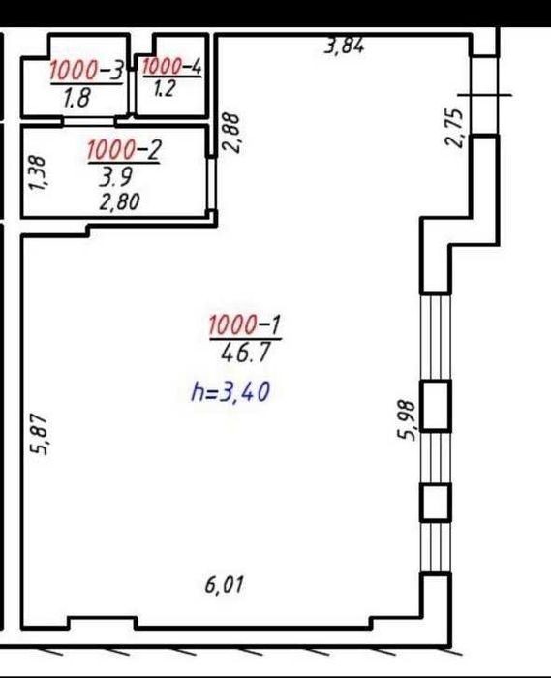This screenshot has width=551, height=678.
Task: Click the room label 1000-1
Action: coord(245,324)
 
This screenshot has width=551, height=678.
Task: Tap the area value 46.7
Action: coord(245,353)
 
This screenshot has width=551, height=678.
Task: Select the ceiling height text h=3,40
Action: coord(230,392)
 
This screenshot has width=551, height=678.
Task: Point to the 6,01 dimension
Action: coord(225,585)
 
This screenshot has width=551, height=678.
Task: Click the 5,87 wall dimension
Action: coord(39,434)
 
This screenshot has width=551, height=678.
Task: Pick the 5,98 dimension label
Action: coord(407,419)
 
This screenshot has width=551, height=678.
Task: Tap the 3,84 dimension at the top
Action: coord(345,46)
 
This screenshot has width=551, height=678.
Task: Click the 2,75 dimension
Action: coord(454,128)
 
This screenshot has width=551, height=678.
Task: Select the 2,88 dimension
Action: coord(230,133)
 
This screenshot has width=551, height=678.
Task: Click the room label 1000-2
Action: coord(125,150)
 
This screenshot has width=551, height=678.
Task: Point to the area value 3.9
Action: coord(115,177)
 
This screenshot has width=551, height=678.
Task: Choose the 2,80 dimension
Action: coord(119,201)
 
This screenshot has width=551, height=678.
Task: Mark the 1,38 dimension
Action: coord(37,173)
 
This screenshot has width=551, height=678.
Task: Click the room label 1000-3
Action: coord(87,71)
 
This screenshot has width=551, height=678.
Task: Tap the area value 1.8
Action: coord(77,98)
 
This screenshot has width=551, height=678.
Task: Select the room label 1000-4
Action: coord(171,67)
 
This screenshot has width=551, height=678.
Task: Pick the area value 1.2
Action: coord(165,89)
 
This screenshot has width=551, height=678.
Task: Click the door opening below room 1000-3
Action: coord(89,122)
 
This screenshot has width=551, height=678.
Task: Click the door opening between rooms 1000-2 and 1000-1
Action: coord(211,184)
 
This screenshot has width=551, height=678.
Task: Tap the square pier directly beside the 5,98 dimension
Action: coord(436,406)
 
